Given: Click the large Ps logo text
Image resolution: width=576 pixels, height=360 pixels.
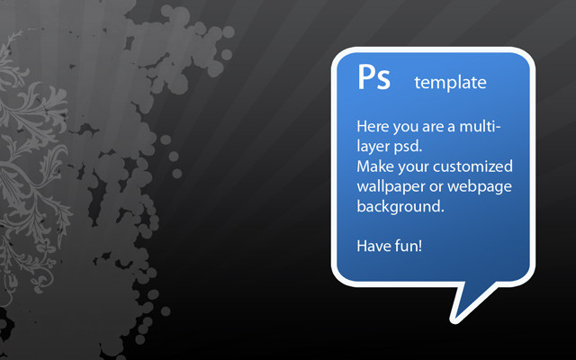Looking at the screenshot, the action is (x=373, y=77).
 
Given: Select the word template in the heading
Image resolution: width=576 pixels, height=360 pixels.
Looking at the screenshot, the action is (x=450, y=82).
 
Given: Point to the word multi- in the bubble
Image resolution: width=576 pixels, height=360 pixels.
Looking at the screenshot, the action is (x=480, y=127).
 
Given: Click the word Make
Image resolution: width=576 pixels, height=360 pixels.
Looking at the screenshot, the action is (x=375, y=166).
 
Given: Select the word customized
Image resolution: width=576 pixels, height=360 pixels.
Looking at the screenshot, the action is (x=472, y=166).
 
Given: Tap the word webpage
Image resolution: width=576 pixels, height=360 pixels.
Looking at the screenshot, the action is (x=480, y=187).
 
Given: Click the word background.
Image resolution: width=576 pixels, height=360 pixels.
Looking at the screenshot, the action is (x=400, y=207).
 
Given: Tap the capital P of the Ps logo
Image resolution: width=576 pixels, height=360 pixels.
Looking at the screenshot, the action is (x=366, y=76).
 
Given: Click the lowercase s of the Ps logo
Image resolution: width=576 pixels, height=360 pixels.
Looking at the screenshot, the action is (x=383, y=81).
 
